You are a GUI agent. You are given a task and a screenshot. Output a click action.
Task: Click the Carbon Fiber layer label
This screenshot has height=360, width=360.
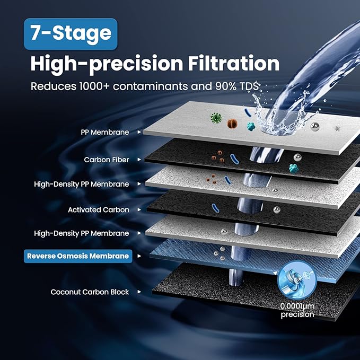point(106,159)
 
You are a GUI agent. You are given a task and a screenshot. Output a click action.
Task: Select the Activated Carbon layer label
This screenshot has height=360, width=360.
point(98,209)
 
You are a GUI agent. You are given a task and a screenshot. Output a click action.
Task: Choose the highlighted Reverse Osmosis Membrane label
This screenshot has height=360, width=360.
point(77,256)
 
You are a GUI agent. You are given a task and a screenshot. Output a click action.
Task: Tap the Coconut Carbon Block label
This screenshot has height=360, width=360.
point(90,292)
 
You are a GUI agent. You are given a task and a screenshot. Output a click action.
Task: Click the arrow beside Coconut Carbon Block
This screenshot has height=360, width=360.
point(139,292)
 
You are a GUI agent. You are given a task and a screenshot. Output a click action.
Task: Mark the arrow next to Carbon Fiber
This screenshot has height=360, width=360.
point(139,159)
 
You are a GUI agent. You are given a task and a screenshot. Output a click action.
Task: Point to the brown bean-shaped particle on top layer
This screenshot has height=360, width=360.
point(231,124)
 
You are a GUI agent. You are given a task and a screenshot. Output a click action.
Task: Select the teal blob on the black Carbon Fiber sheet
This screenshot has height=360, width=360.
point(292,168)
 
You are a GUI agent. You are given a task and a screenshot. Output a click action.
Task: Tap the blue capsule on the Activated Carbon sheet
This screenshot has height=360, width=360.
point(215,208)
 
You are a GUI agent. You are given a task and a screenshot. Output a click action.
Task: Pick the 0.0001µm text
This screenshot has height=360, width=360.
point(297,306)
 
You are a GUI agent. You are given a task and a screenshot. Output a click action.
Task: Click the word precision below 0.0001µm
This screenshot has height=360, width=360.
point(297,314)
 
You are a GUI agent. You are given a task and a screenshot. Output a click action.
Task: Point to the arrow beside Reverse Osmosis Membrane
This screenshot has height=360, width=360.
point(139,256)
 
